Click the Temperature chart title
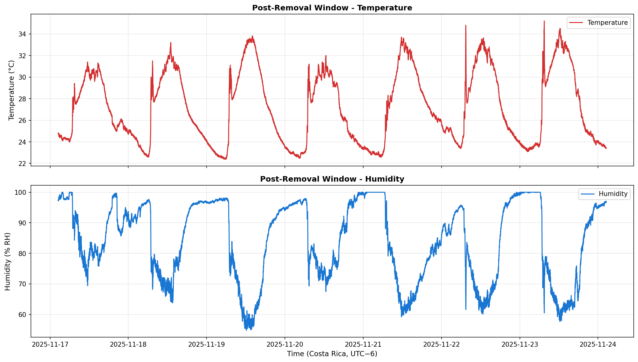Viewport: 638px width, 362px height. tap(332, 8)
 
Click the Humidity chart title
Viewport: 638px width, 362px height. tap(332, 179)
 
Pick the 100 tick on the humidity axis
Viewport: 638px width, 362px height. tap(21, 192)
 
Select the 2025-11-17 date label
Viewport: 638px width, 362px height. tap(50, 344)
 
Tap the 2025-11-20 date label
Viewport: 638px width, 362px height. tap(285, 344)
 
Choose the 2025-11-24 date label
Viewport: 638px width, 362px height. tap(598, 344)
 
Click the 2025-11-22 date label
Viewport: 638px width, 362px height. tap(441, 344)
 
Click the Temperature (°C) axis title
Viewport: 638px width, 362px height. tap(12, 90)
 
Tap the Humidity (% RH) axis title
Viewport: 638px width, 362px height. tap(8, 261)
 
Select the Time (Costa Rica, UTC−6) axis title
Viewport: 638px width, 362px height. tap(332, 354)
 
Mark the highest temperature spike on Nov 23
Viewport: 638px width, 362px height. tap(544, 21)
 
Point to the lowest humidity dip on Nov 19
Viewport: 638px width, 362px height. tap(246, 330)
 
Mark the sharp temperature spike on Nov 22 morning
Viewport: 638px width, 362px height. tap(466, 26)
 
